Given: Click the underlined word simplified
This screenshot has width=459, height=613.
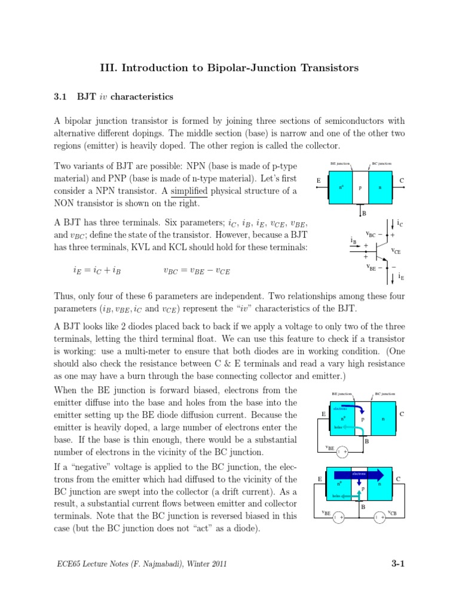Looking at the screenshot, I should click(x=189, y=190).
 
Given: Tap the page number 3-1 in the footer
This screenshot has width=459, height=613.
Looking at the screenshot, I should click(x=398, y=563).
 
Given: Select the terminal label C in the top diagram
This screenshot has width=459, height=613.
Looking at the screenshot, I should click(x=402, y=180).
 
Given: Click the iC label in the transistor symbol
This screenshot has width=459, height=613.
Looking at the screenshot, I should click(x=399, y=223).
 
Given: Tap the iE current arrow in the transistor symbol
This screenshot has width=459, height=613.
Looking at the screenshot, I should click(x=391, y=278).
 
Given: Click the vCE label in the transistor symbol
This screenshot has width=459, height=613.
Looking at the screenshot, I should click(x=396, y=251).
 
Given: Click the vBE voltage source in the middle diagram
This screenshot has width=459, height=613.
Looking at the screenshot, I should click(x=342, y=451).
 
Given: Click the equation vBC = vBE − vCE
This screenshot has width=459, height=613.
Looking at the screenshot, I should click(x=196, y=271).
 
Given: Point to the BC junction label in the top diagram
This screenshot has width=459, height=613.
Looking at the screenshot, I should click(x=382, y=163).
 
